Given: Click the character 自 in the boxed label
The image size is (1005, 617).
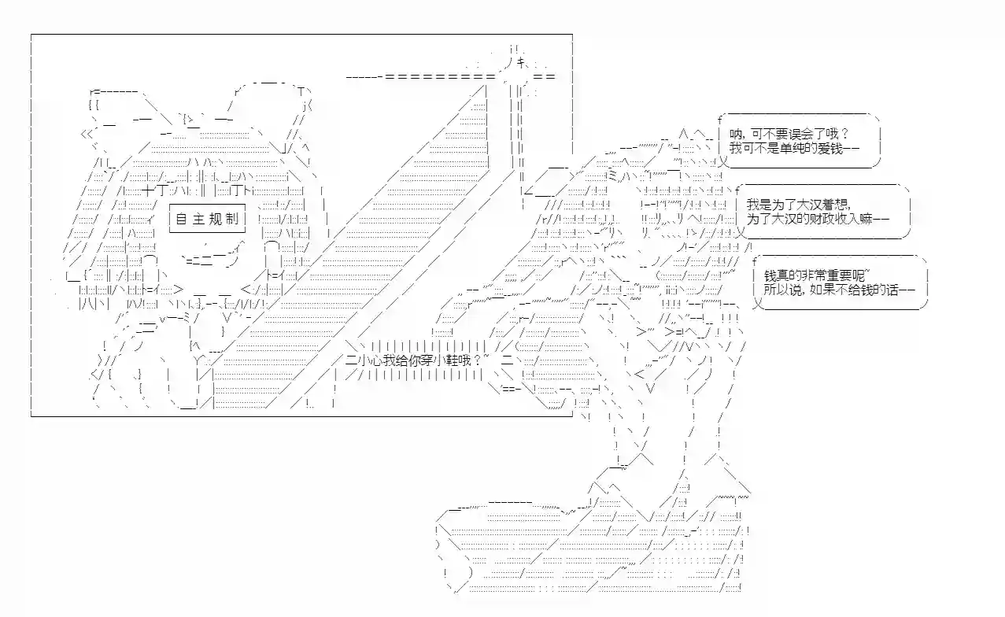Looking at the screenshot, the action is point(181,219).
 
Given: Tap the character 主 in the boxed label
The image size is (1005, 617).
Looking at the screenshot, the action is point(198,219).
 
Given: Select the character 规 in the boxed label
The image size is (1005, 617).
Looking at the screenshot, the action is point(216,219).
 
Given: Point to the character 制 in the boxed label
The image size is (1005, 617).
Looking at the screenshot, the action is point(232,219).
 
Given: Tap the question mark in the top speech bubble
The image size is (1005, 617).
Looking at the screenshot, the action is point(844,134).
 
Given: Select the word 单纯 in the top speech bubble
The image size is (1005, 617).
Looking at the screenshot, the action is point(792,148).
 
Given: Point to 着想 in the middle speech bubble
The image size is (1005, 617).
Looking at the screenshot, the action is point(836,205).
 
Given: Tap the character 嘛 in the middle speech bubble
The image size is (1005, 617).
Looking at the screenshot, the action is point(866,219).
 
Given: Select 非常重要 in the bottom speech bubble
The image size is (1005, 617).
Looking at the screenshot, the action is point(826,275).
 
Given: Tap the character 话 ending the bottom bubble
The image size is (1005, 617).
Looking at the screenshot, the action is point(892,290).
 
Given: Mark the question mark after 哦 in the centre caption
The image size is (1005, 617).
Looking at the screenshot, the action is point(477,360).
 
